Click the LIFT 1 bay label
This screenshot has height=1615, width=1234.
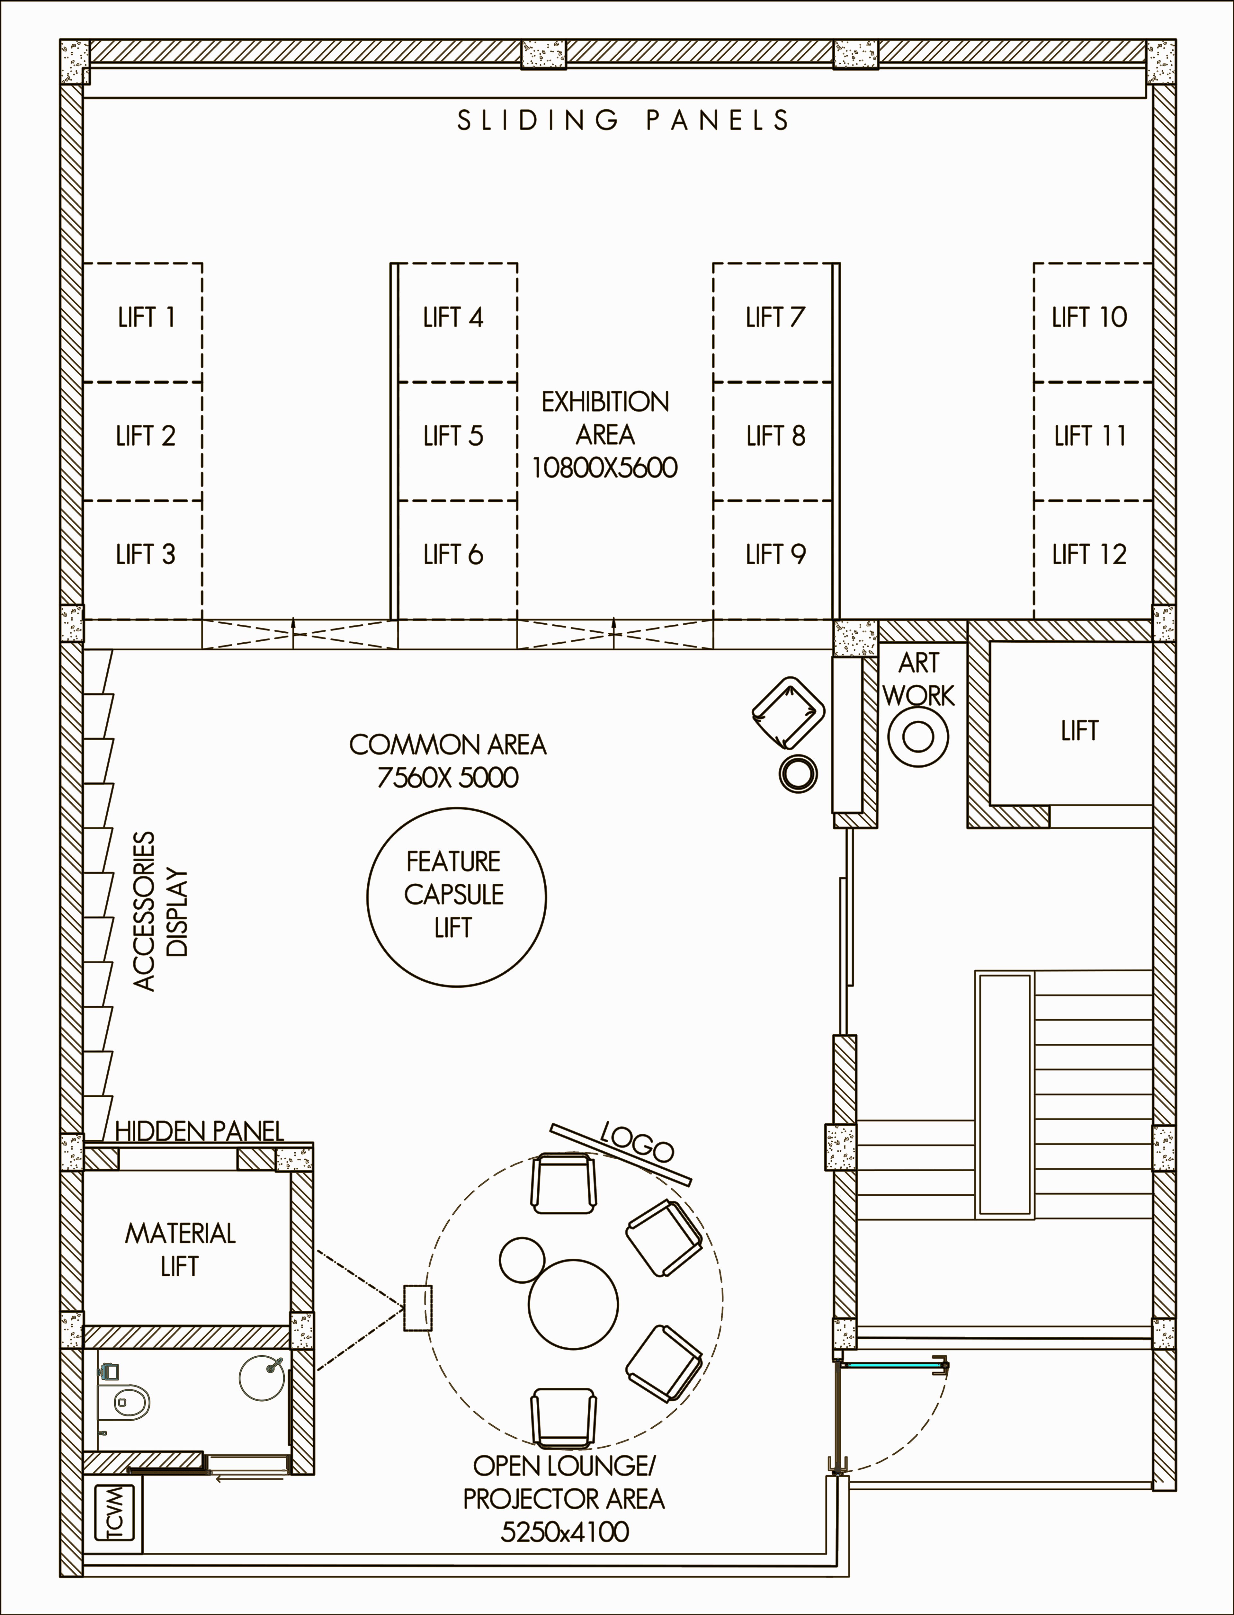(x=146, y=317)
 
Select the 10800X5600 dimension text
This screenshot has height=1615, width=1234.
(x=604, y=468)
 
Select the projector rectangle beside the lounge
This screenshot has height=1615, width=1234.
(x=417, y=1308)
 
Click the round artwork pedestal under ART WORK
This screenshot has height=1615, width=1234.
(x=918, y=736)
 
